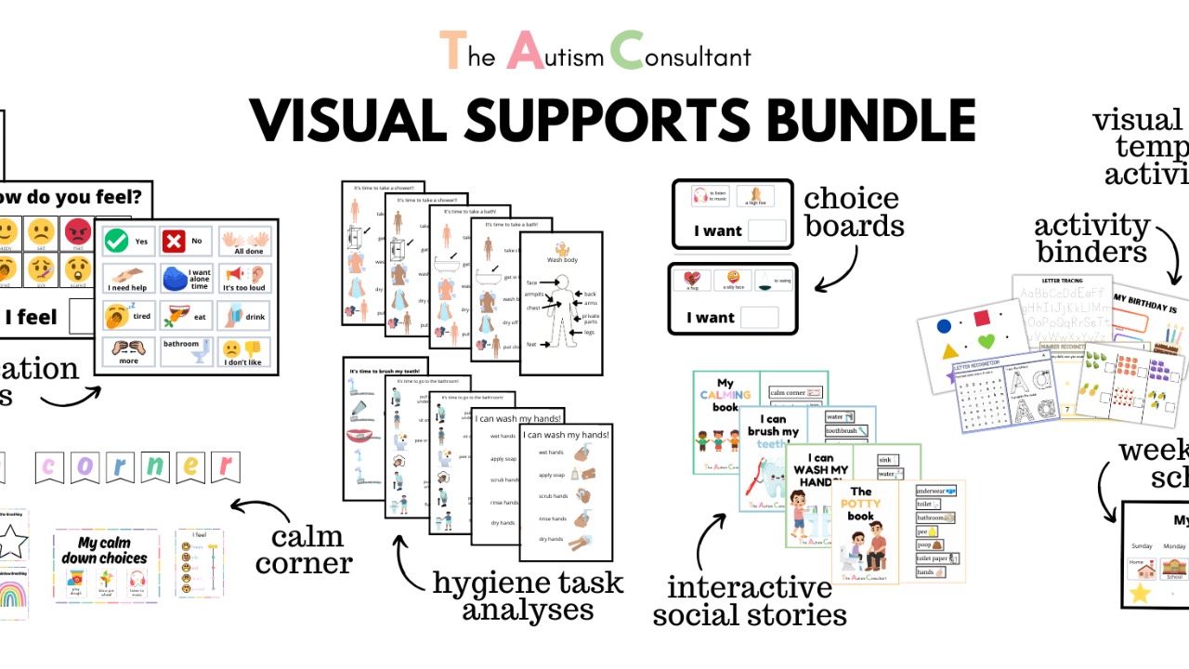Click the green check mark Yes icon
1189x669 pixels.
(x=116, y=241)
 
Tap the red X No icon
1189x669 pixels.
(x=174, y=241)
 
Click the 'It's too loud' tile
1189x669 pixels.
(x=244, y=277)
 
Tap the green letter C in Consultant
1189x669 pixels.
(x=628, y=50)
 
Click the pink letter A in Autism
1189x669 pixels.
(x=526, y=50)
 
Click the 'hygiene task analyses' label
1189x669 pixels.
(x=528, y=596)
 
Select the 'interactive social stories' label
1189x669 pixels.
(x=750, y=601)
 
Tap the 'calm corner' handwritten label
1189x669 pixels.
(x=306, y=549)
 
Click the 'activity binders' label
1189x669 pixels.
(x=1091, y=238)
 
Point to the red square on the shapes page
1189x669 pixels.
(x=982, y=319)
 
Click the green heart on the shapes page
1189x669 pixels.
(x=986, y=342)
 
